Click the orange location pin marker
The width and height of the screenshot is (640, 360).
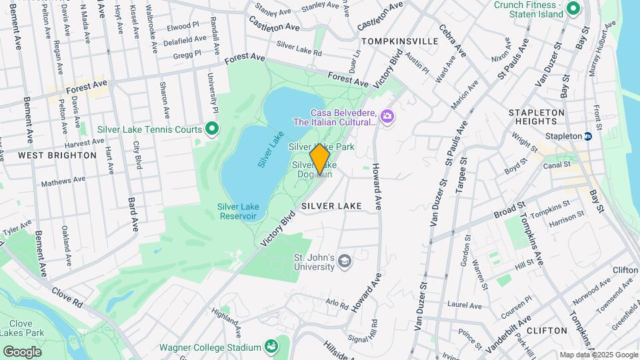click(320, 159)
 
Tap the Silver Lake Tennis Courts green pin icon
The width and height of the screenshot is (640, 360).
click(212, 129)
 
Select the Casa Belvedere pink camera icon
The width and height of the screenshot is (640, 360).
click(387, 117)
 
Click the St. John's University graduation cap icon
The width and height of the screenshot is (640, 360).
click(344, 261)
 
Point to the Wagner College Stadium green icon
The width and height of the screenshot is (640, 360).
click(271, 347)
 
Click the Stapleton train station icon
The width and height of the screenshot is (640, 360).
click(588, 136)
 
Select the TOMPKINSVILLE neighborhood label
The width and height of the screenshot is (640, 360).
click(399, 41)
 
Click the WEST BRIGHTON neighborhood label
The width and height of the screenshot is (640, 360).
click(57, 155)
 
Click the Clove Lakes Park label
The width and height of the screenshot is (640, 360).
click(23, 327)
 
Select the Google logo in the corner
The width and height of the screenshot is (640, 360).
click(22, 351)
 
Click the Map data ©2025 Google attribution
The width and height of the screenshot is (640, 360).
click(598, 355)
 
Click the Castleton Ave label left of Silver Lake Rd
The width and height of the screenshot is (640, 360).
click(274, 27)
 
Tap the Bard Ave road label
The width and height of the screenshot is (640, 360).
click(133, 214)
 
